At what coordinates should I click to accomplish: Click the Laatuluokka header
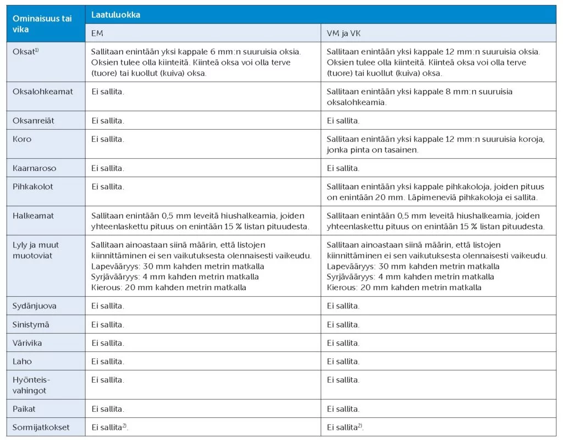coord(115,15)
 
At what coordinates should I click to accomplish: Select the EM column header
coord(97,33)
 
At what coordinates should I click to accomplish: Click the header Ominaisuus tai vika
coord(42,24)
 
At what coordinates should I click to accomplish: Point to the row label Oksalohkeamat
coord(43,91)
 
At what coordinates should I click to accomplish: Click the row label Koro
coord(22,139)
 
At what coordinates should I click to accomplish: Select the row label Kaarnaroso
coord(34,168)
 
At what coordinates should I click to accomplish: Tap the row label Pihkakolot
coord(33,186)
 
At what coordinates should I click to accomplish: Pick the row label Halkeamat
coord(33,216)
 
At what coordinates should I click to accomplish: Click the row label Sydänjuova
coord(34,306)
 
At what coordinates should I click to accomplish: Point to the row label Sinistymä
coord(31,324)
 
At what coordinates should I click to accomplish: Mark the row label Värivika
coord(27,343)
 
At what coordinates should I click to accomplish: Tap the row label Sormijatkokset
coord(41,427)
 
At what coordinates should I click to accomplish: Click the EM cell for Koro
coord(108,139)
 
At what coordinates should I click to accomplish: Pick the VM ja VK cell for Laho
coord(343,361)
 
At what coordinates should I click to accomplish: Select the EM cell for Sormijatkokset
coord(110,427)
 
